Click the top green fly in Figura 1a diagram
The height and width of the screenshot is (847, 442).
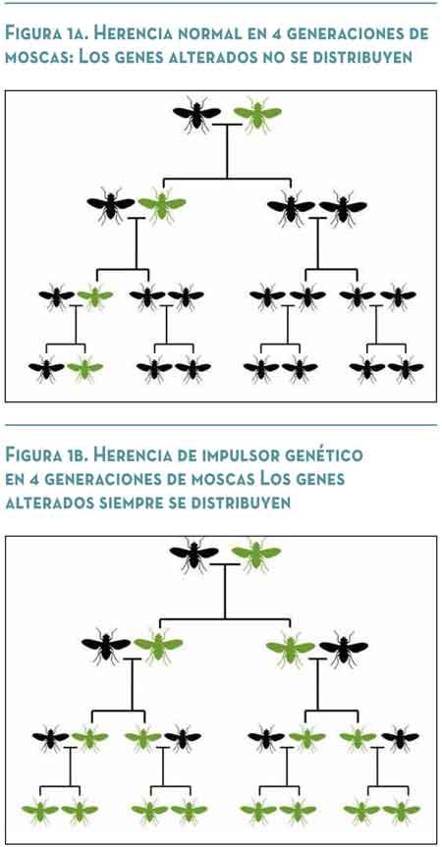[257, 114]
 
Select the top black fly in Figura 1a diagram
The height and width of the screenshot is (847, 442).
[196, 114]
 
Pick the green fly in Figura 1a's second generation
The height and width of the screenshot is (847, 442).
[161, 204]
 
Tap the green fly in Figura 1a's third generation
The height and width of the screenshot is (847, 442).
[95, 296]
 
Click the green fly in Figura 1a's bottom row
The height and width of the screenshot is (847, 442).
[84, 368]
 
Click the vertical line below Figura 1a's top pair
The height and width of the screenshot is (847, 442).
[227, 152]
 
